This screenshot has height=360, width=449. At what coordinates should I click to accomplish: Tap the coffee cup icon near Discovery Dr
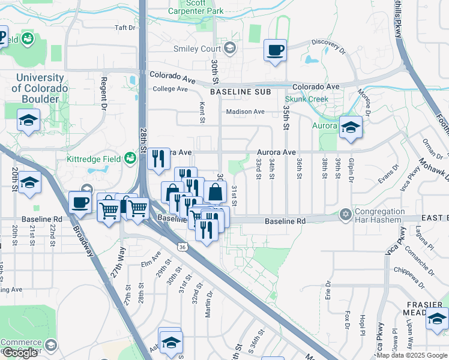click(276, 51)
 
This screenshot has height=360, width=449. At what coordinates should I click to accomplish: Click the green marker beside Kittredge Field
click(130, 158)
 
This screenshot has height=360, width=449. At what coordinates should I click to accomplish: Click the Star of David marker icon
click(345, 214)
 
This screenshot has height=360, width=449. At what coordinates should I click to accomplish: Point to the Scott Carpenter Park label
click(196, 7)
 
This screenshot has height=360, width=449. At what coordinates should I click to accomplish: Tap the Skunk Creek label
click(306, 98)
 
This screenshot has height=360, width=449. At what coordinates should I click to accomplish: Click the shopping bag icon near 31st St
click(215, 193)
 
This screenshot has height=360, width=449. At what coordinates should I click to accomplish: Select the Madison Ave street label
click(245, 112)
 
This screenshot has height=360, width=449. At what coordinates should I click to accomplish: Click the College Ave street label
click(170, 89)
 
